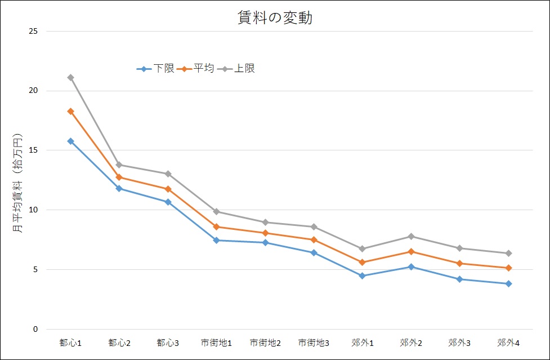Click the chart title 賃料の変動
coord(275,18)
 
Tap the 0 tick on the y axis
coord(35,330)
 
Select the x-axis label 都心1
coord(70,343)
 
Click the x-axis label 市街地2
coord(265,343)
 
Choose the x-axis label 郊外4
coord(508,343)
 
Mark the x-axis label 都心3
coord(168,343)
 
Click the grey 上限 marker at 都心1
coord(70,77)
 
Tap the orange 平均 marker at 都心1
coord(70,111)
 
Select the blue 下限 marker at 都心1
coord(70,141)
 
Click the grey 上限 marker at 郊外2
coord(411,236)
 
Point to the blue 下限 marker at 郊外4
coord(508,283)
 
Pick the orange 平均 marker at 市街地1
coord(217,226)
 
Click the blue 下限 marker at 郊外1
coord(363,275)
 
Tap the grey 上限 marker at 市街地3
coord(314,226)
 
